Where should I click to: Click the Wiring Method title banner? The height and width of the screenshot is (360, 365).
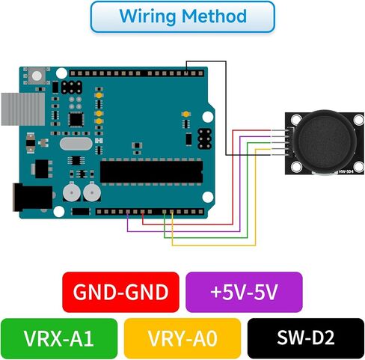pyautogui.click(x=182, y=16)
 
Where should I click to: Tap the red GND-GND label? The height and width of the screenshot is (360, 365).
pyautogui.click(x=120, y=292)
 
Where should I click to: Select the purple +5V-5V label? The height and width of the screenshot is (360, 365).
pyautogui.click(x=244, y=292)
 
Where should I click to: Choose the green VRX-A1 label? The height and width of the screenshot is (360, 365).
pyautogui.click(x=59, y=338)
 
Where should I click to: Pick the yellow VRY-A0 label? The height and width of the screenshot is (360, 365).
pyautogui.click(x=182, y=338)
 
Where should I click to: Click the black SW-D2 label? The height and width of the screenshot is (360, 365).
pyautogui.click(x=306, y=338)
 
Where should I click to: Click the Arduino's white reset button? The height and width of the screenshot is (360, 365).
pyautogui.click(x=37, y=76)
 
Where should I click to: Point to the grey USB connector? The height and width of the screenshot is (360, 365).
pyautogui.click(x=23, y=109)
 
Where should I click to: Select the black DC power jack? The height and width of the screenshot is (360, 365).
pyautogui.click(x=32, y=197)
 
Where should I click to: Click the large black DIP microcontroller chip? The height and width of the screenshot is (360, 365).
pyautogui.click(x=151, y=172)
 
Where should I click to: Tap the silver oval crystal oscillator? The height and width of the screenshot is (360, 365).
pyautogui.click(x=76, y=144)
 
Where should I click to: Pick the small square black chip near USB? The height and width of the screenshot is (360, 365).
pyautogui.click(x=76, y=120)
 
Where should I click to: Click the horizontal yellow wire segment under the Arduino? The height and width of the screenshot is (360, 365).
pyautogui.click(x=214, y=245)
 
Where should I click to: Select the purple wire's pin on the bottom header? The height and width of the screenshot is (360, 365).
pyautogui.click(x=128, y=212)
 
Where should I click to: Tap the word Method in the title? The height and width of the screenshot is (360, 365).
pyautogui.click(x=214, y=16)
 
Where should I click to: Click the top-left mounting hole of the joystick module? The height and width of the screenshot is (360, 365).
pyautogui.click(x=295, y=120)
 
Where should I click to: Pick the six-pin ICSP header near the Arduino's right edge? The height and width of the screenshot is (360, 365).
pyautogui.click(x=204, y=138)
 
